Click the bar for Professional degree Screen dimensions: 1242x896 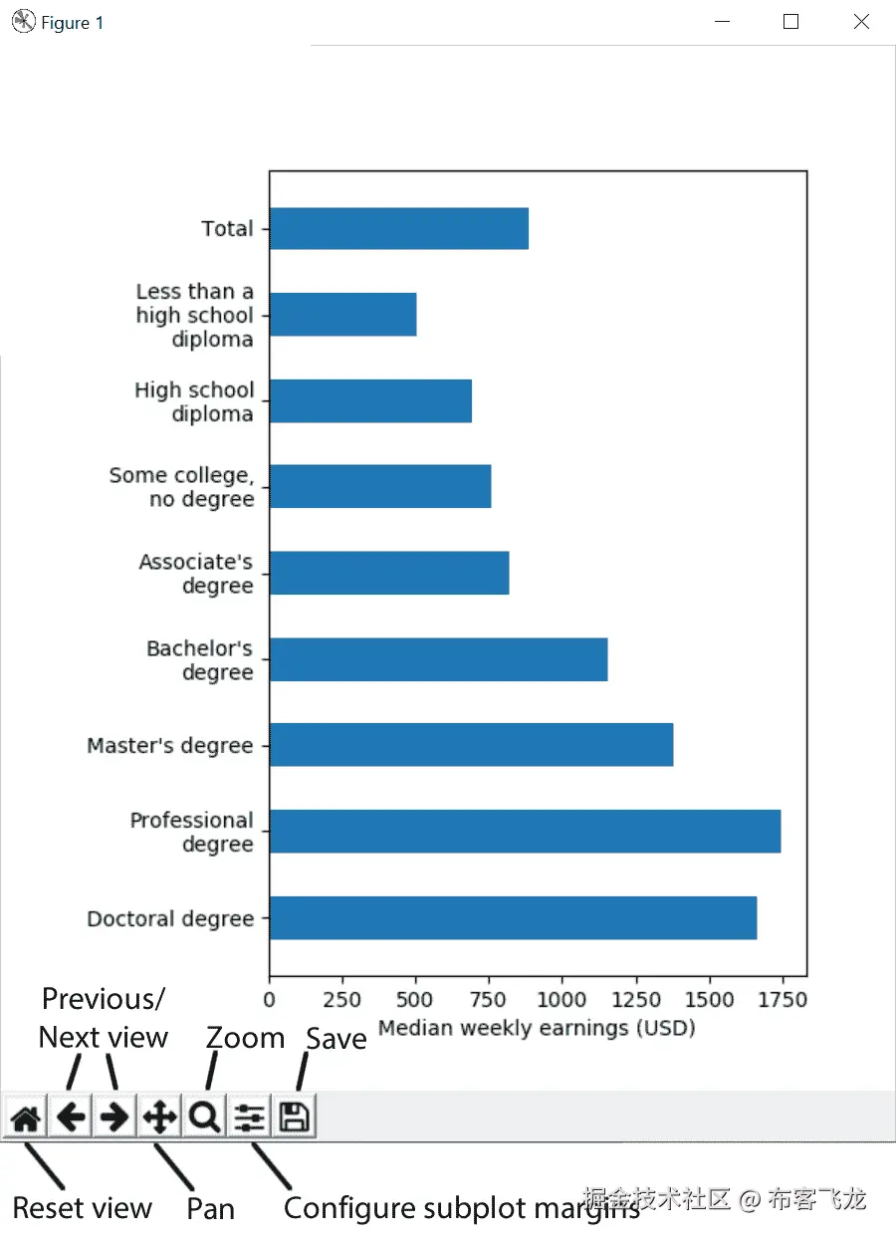[x=525, y=832]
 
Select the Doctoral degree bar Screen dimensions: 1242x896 [x=513, y=917]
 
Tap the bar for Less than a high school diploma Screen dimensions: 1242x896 [x=342, y=315]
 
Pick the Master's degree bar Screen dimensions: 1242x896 [x=471, y=745]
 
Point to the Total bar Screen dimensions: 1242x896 [x=398, y=228]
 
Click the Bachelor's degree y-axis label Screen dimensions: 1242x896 [x=200, y=660]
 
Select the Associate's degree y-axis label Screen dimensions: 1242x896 [x=196, y=574]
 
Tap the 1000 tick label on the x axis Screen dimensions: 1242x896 [x=561, y=998]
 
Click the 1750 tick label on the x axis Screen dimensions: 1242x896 [x=782, y=998]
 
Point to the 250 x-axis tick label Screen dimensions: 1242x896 [x=341, y=998]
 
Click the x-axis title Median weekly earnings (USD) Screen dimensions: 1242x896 [x=537, y=1027]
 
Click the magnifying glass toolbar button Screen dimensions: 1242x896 [x=204, y=1118]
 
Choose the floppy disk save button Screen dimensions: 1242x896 [x=294, y=1118]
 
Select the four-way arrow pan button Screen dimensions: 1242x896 [x=159, y=1118]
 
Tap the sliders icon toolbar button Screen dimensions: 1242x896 [x=249, y=1118]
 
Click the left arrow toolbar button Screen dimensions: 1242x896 [x=70, y=1118]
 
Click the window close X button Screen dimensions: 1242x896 [x=861, y=22]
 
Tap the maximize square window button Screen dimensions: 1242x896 [x=791, y=22]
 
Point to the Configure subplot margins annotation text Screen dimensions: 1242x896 [x=461, y=1208]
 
